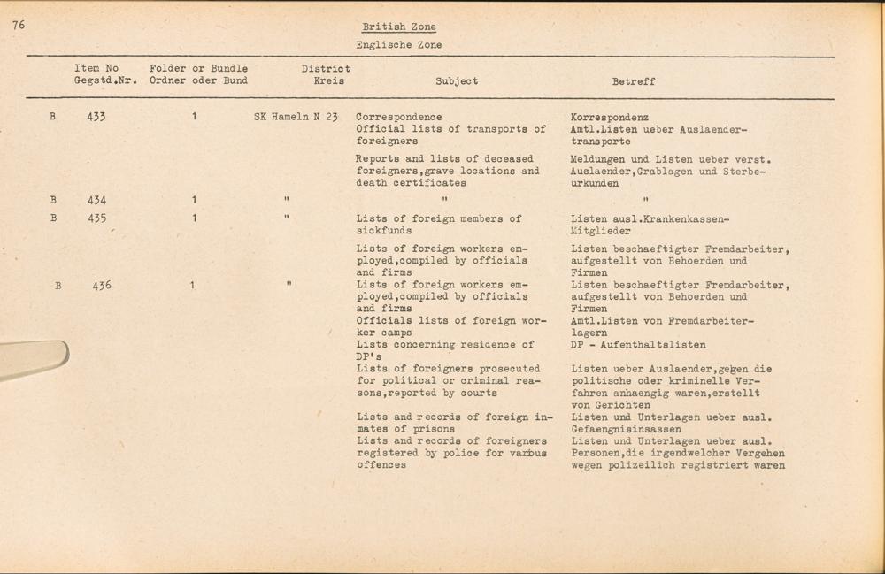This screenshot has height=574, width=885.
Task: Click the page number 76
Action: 19,25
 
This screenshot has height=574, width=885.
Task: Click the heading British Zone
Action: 398,27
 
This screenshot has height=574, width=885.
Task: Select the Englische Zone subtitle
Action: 398,45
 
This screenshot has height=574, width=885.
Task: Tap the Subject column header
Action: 457,81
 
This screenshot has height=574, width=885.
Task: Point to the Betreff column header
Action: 634,81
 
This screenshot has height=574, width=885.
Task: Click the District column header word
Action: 326,69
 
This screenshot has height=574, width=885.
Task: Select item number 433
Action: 96,117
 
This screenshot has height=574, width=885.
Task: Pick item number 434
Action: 96,200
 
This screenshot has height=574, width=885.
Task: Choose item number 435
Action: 96,218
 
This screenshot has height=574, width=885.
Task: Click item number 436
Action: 102,286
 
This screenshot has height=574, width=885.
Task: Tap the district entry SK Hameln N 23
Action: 296,117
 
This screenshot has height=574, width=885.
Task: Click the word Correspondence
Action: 398,117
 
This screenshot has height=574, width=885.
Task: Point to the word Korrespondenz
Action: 610,117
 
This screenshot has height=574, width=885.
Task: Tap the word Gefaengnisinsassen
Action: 625,429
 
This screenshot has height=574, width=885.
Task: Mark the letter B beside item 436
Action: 58,286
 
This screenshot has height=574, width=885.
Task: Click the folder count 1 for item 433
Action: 194,117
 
